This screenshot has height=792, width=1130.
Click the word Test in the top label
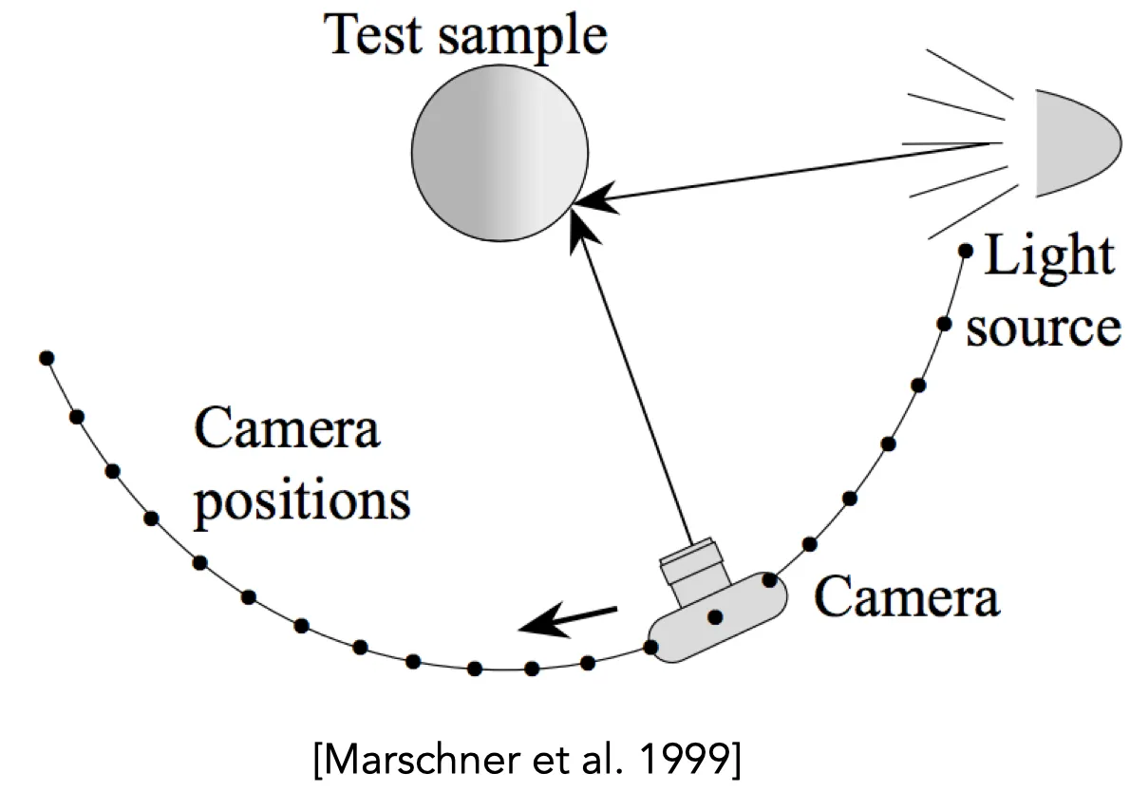(x=372, y=33)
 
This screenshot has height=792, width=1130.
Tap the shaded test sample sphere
(x=500, y=153)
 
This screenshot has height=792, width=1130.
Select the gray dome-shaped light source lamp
(x=1078, y=143)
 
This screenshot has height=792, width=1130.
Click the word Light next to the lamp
(x=1049, y=255)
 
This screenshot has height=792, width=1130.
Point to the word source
(x=1044, y=329)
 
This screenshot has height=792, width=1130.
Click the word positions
(x=303, y=502)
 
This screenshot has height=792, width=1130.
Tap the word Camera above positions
(x=287, y=428)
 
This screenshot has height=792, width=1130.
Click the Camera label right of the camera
(x=907, y=596)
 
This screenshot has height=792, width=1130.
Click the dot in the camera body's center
(x=716, y=617)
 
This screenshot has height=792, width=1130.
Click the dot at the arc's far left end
(x=47, y=358)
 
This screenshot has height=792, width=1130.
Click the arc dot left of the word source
(x=944, y=324)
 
